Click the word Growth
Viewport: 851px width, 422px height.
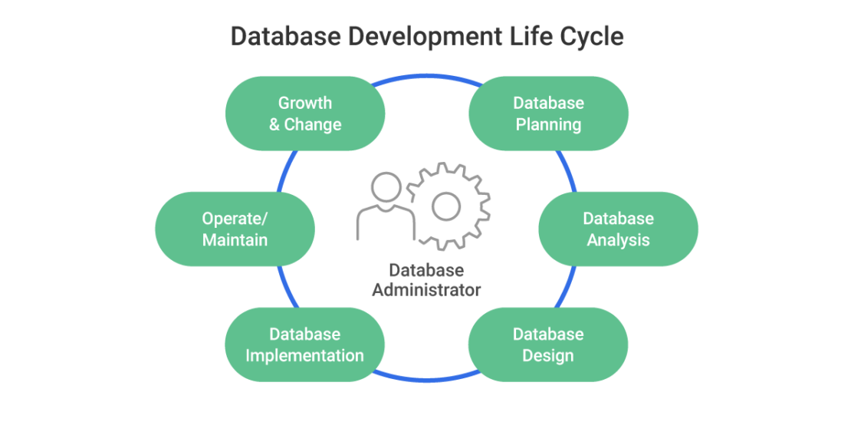point(305,103)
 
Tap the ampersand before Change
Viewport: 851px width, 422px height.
point(274,124)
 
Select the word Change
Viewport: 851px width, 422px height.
point(313,124)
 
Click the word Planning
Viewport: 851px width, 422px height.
point(548,124)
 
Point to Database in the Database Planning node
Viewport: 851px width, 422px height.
point(548,103)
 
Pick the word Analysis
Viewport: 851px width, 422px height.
point(618,240)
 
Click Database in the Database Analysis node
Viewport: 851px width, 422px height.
point(618,219)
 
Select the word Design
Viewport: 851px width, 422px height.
point(548,356)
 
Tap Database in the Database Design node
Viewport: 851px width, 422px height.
point(548,335)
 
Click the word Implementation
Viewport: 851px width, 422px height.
point(304,356)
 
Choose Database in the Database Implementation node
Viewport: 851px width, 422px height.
point(304,335)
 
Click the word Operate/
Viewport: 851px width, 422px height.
point(235,219)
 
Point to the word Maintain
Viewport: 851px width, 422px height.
point(235,240)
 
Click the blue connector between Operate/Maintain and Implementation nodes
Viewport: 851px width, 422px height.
point(281,282)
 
